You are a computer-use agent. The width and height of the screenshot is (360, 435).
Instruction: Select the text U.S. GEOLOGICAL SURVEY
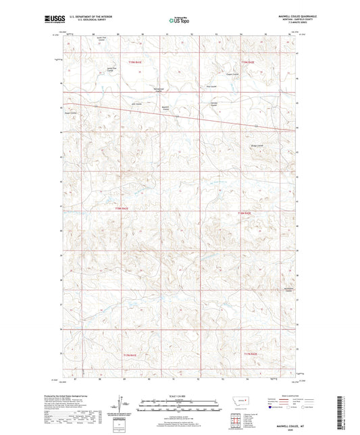pyautogui.click(x=88, y=22)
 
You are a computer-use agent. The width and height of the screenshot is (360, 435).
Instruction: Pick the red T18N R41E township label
pyautogui.click(x=121, y=210)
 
